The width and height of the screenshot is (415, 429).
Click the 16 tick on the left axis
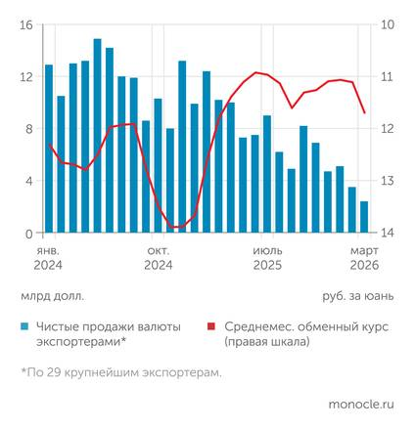point(25,24)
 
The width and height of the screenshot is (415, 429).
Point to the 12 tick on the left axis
point(25,76)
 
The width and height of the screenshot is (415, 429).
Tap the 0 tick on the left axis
point(28,233)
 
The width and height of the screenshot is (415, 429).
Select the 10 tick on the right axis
point(388,24)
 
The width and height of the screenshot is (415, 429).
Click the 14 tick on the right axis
point(388,233)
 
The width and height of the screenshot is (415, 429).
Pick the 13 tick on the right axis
point(388,181)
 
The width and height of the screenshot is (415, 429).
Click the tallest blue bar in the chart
point(97,136)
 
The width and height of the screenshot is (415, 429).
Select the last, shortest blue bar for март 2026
point(364,218)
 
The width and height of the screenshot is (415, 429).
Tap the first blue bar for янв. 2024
point(49,149)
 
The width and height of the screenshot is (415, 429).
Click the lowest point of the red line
point(176,228)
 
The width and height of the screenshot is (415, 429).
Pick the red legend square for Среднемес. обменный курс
point(212,327)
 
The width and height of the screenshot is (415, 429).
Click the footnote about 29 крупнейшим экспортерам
point(120,372)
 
